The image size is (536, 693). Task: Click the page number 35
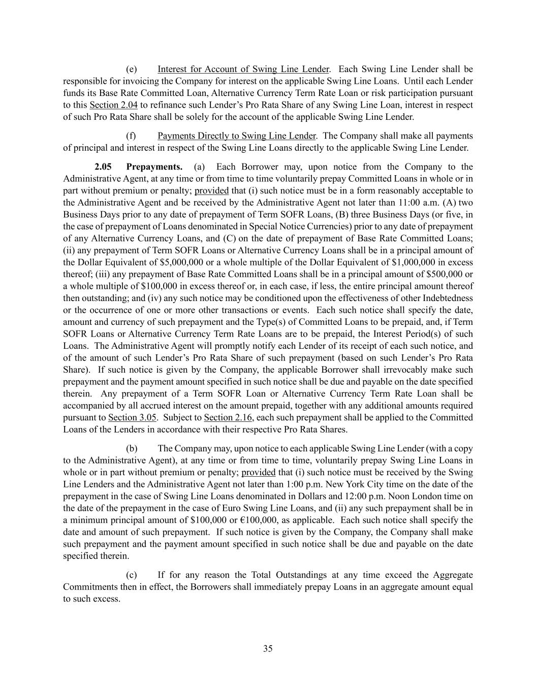268,648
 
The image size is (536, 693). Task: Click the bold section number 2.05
103,167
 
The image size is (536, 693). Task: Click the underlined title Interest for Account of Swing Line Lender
243,69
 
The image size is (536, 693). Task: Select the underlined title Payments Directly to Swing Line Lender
237,136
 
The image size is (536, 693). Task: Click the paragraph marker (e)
132,69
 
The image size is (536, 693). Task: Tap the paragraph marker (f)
131,136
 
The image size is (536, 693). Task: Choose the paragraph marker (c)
131,575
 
